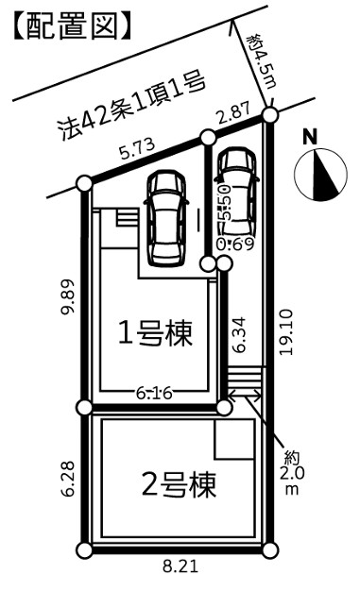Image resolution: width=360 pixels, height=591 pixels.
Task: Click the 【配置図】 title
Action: click(72, 26)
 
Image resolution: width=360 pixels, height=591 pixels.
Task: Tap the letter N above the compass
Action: click(310, 137)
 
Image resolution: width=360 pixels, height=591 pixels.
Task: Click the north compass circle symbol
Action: click(320, 174)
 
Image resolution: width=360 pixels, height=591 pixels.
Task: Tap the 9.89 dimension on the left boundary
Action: click(68, 296)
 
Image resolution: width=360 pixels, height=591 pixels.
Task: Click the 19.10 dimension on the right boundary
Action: click(285, 332)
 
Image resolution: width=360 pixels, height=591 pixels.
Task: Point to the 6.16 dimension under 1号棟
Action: click(154, 394)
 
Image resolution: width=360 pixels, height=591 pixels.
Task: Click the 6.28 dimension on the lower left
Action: click(68, 479)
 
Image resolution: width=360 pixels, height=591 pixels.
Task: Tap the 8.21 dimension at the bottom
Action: click(180, 566)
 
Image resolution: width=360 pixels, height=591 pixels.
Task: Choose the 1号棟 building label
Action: click(156, 333)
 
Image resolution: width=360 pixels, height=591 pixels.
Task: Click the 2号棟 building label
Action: click(179, 484)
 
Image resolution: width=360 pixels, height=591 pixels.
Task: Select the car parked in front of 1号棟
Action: click(165, 219)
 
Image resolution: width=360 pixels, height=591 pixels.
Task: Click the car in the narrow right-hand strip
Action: click(237, 193)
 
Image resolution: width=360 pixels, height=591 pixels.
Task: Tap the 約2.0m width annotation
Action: click(291, 473)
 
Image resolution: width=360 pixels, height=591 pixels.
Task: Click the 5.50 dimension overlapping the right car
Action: click(225, 202)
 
